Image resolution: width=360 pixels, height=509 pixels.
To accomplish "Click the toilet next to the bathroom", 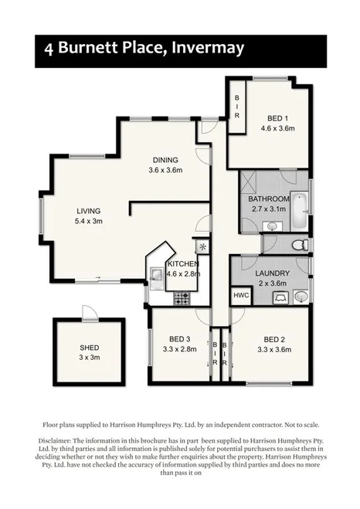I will point(300,246).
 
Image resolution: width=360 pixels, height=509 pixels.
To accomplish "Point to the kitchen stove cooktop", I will point(183,297).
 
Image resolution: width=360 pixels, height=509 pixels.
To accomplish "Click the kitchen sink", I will point(155,274).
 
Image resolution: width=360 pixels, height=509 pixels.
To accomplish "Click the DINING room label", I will point(165,160).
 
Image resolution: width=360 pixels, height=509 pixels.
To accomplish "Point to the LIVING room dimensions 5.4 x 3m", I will point(89,221).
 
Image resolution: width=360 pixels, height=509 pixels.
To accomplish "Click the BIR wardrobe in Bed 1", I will point(237,102).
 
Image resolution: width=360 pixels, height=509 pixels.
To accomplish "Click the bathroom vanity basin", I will point(272,226).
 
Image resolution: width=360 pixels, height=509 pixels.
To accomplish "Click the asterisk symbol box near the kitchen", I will point(202,247).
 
